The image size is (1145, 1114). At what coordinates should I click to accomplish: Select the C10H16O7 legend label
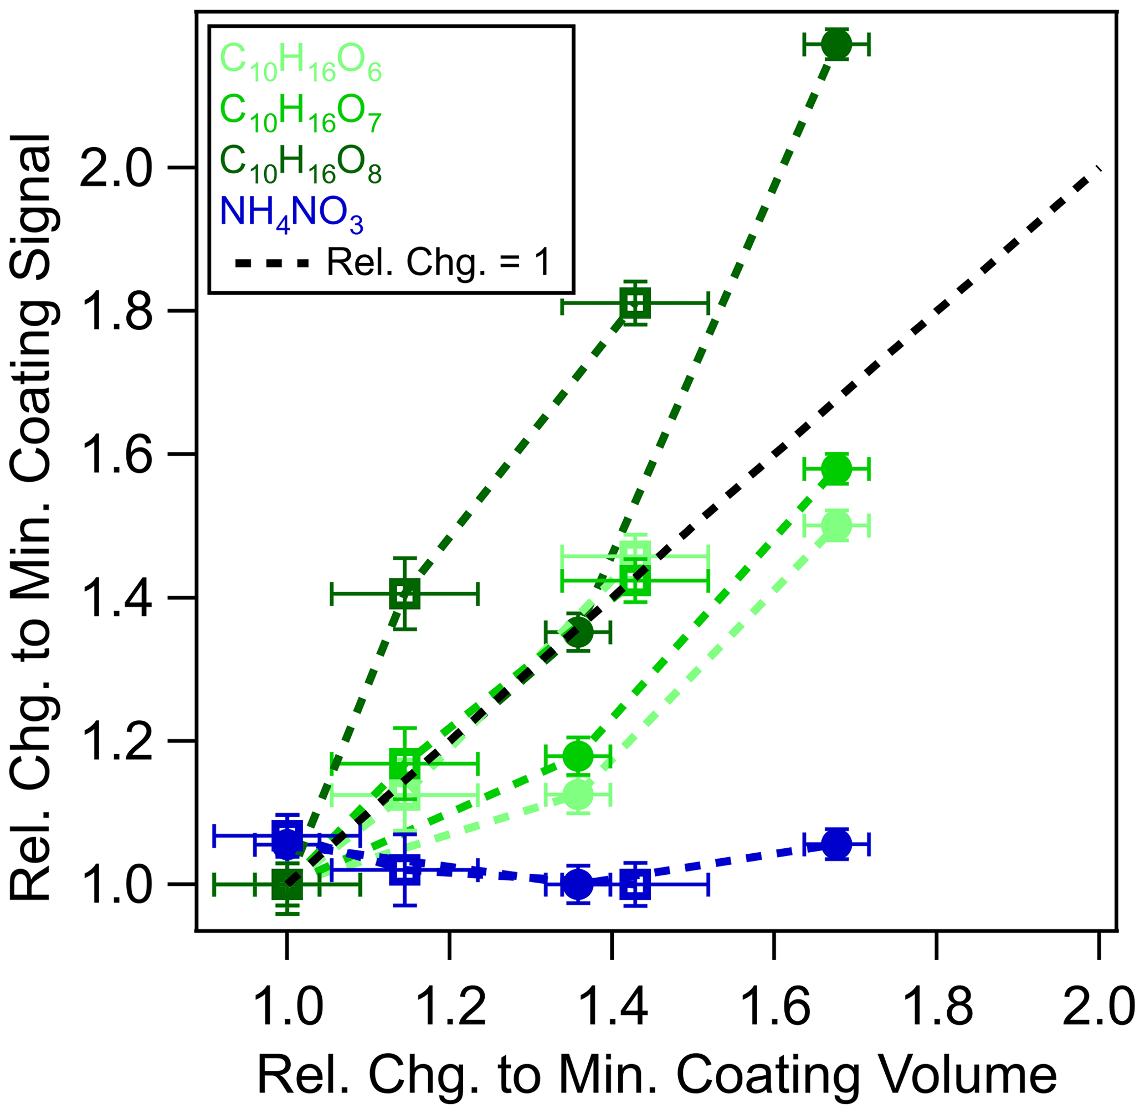tap(300, 114)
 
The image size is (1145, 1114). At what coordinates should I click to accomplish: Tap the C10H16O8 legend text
tap(300, 164)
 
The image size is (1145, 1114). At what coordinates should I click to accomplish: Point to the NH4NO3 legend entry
tap(291, 215)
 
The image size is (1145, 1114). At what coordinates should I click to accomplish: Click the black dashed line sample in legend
tap(271, 264)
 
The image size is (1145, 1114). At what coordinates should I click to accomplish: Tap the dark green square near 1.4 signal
tap(405, 594)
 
